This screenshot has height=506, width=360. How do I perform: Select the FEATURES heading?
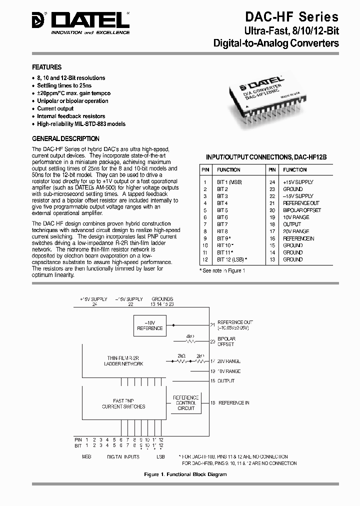[x=47, y=67]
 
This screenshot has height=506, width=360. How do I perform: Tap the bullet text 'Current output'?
[x=55, y=108]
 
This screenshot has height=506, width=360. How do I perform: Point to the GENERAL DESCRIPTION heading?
[x=65, y=138]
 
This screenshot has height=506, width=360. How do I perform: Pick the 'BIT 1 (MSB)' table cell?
[x=229, y=182]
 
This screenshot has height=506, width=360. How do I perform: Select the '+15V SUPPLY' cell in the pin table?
[x=298, y=182]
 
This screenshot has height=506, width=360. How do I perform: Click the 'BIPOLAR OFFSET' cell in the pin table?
[x=302, y=210]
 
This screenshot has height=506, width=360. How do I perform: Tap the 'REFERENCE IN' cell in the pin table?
[x=298, y=238]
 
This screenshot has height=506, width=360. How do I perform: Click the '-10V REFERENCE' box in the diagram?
[x=150, y=325]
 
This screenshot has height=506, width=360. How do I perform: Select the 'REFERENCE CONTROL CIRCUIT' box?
[x=186, y=402]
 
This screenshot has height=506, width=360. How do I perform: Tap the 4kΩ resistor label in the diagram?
[x=190, y=336]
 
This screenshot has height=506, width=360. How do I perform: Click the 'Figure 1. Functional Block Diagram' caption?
[x=185, y=474]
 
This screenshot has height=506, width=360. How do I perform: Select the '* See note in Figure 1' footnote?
[x=222, y=270]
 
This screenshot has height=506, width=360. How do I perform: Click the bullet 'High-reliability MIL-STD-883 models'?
[x=81, y=124]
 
